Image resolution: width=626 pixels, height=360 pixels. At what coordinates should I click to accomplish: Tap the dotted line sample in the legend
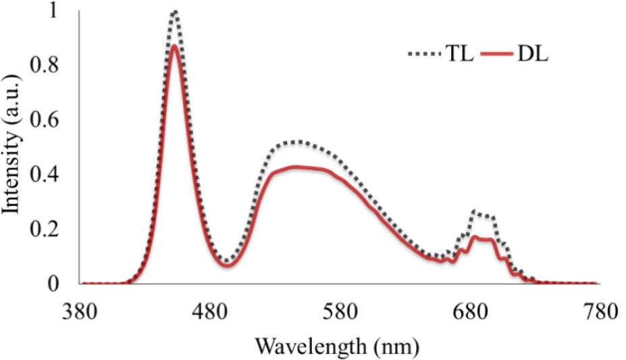click(x=423, y=55)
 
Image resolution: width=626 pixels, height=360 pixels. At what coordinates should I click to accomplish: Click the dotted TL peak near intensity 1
click(x=174, y=11)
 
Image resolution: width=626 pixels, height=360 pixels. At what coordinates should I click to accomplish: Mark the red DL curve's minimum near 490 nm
click(x=227, y=265)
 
